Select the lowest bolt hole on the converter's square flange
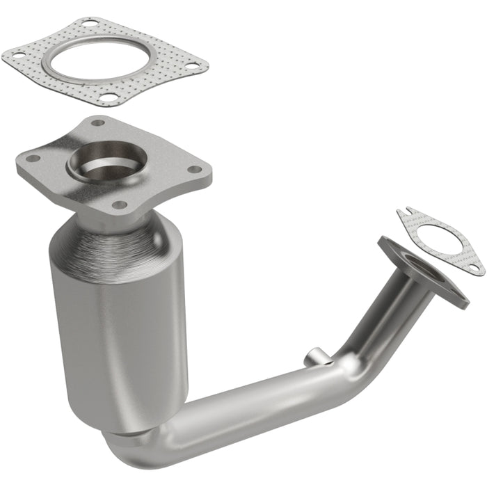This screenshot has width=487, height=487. (x=119, y=205)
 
